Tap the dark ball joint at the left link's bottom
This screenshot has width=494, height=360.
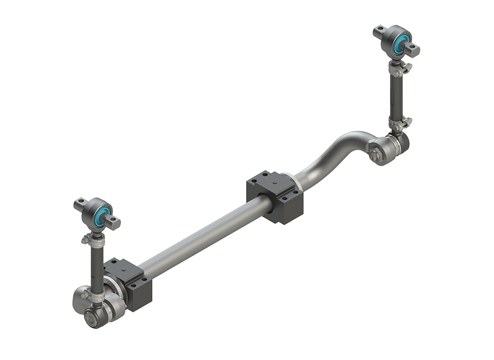coord(96,315)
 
